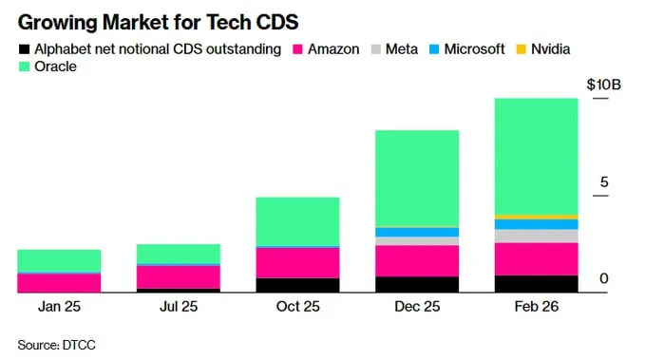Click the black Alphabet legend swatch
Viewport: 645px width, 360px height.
pyautogui.click(x=24, y=48)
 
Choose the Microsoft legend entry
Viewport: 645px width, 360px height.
pyautogui.click(x=465, y=48)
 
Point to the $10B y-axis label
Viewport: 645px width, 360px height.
pyautogui.click(x=603, y=85)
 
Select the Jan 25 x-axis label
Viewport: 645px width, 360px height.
pyautogui.click(x=59, y=307)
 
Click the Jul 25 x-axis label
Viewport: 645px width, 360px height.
pyautogui.click(x=179, y=307)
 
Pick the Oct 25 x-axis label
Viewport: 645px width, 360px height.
pyautogui.click(x=297, y=307)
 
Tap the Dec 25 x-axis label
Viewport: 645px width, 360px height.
pyautogui.click(x=417, y=307)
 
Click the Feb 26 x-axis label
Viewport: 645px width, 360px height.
pyautogui.click(x=536, y=307)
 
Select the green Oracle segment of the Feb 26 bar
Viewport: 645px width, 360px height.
pyautogui.click(x=536, y=157)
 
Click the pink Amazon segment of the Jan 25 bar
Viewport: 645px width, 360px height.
pyautogui.click(x=59, y=282)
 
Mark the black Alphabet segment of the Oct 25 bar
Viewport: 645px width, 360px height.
pyautogui.click(x=297, y=285)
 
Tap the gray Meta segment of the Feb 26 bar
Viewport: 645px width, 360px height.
pyautogui.click(x=536, y=236)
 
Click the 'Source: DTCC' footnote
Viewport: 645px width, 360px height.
pyautogui.click(x=57, y=343)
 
